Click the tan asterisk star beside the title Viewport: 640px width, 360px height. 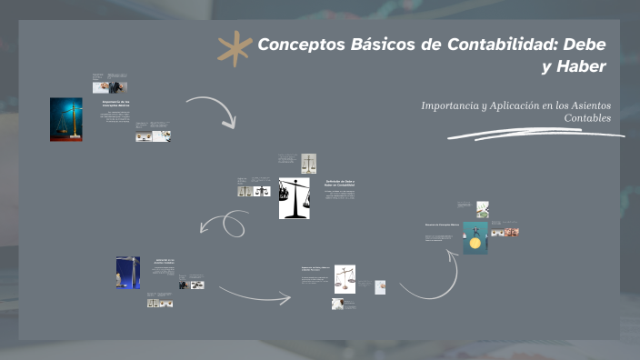pyautogui.click(x=235, y=48)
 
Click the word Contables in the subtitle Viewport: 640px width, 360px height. pyautogui.click(x=587, y=118)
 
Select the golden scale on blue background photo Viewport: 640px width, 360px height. pyautogui.click(x=65, y=119)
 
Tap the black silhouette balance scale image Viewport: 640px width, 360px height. pyautogui.click(x=295, y=197)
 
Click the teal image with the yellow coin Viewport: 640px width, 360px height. pyautogui.click(x=475, y=238)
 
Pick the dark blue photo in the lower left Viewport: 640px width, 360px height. pyautogui.click(x=128, y=272)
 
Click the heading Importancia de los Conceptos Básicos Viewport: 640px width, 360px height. pyautogui.click(x=116, y=104)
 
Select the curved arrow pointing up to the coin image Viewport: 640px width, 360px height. pyautogui.click(x=426, y=278)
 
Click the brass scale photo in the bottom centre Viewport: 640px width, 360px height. pyautogui.click(x=345, y=276)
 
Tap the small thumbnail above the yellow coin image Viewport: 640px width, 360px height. pyautogui.click(x=483, y=209)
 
